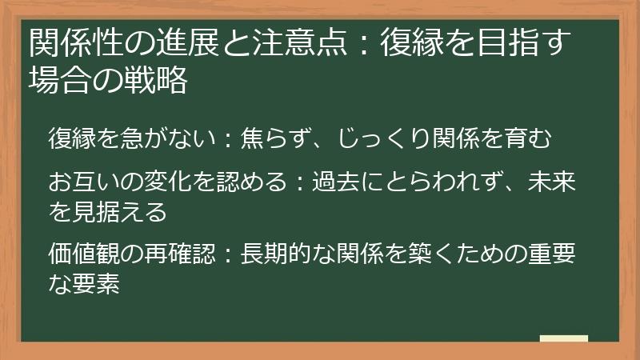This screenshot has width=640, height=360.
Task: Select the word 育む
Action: pyautogui.click(x=531, y=137)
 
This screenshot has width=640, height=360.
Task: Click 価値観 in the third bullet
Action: pyautogui.click(x=83, y=257)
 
